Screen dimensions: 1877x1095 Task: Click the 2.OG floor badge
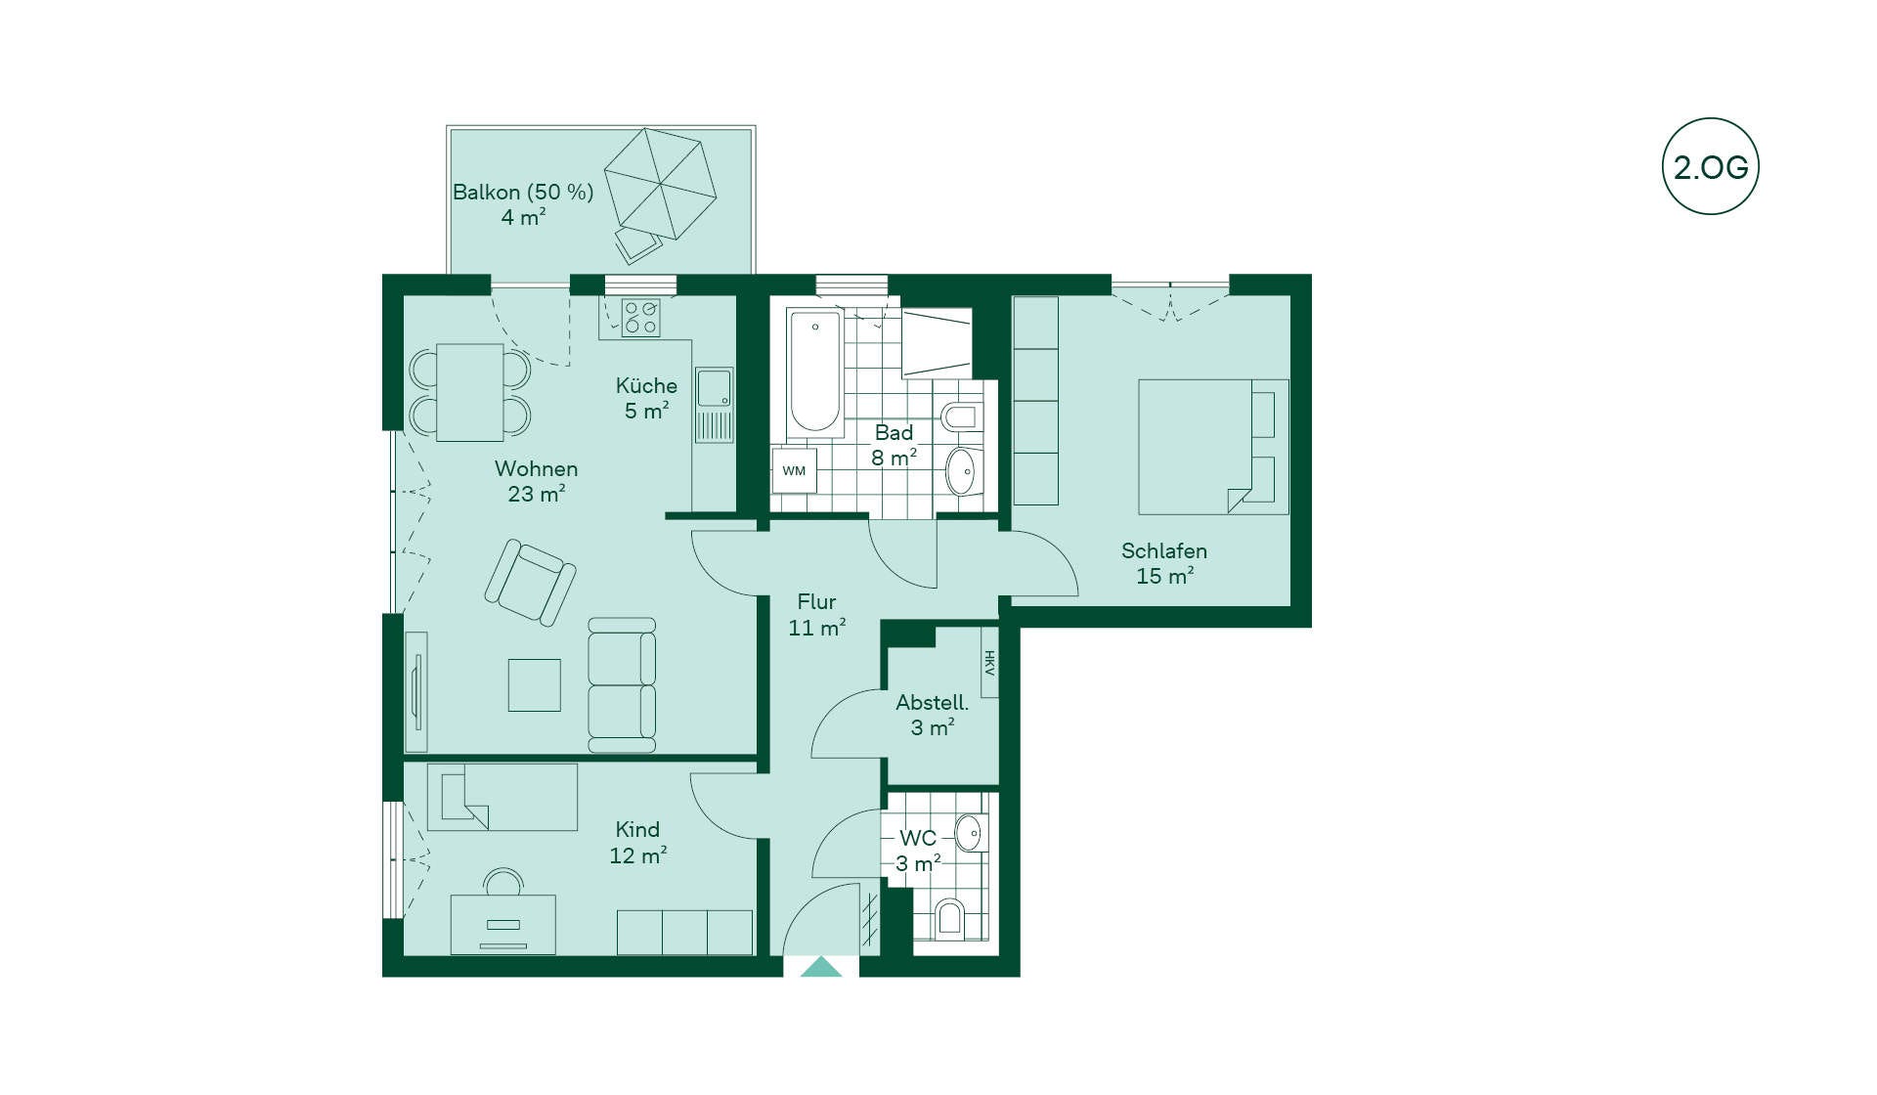pyautogui.click(x=1710, y=166)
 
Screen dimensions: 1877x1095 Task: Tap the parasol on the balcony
pyautogui.click(x=660, y=183)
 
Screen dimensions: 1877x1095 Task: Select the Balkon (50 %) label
pyautogui.click(x=523, y=192)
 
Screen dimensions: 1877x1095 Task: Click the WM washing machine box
pyautogui.click(x=794, y=471)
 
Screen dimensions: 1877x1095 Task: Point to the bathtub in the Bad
pyautogui.click(x=814, y=372)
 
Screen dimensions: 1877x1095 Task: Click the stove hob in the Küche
pyautogui.click(x=641, y=318)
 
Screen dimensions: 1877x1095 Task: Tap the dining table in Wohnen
pyautogui.click(x=470, y=392)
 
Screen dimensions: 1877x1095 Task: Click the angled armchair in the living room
pyautogui.click(x=530, y=582)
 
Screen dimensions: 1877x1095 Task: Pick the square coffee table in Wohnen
pyautogui.click(x=535, y=684)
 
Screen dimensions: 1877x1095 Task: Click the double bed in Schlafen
pyautogui.click(x=1213, y=447)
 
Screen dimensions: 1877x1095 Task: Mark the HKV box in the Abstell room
pyautogui.click(x=989, y=662)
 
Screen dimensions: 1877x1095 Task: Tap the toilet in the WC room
pyautogui.click(x=949, y=918)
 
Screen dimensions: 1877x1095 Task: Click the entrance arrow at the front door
pyautogui.click(x=821, y=967)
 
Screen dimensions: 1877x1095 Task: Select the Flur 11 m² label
pyautogui.click(x=817, y=615)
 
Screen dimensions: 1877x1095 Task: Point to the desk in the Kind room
pyautogui.click(x=502, y=924)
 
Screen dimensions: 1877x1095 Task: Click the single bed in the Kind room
pyautogui.click(x=502, y=797)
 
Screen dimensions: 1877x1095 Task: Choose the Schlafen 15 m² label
pyautogui.click(x=1164, y=563)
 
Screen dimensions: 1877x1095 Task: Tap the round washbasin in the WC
pyautogui.click(x=969, y=833)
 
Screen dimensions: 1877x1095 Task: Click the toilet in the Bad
pyautogui.click(x=960, y=416)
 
